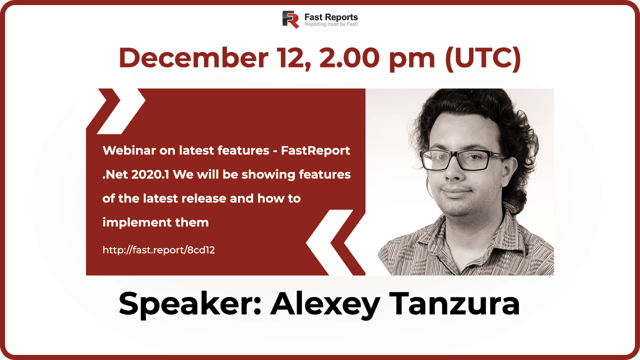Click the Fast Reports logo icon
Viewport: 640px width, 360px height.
(x=290, y=19)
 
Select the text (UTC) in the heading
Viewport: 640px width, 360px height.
(x=482, y=58)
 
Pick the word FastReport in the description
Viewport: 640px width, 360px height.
(x=322, y=150)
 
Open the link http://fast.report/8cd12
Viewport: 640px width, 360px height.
(x=158, y=250)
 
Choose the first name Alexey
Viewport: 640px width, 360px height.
(x=325, y=303)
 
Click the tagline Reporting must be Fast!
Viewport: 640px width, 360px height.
(x=331, y=24)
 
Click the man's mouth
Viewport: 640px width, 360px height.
(x=455, y=191)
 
